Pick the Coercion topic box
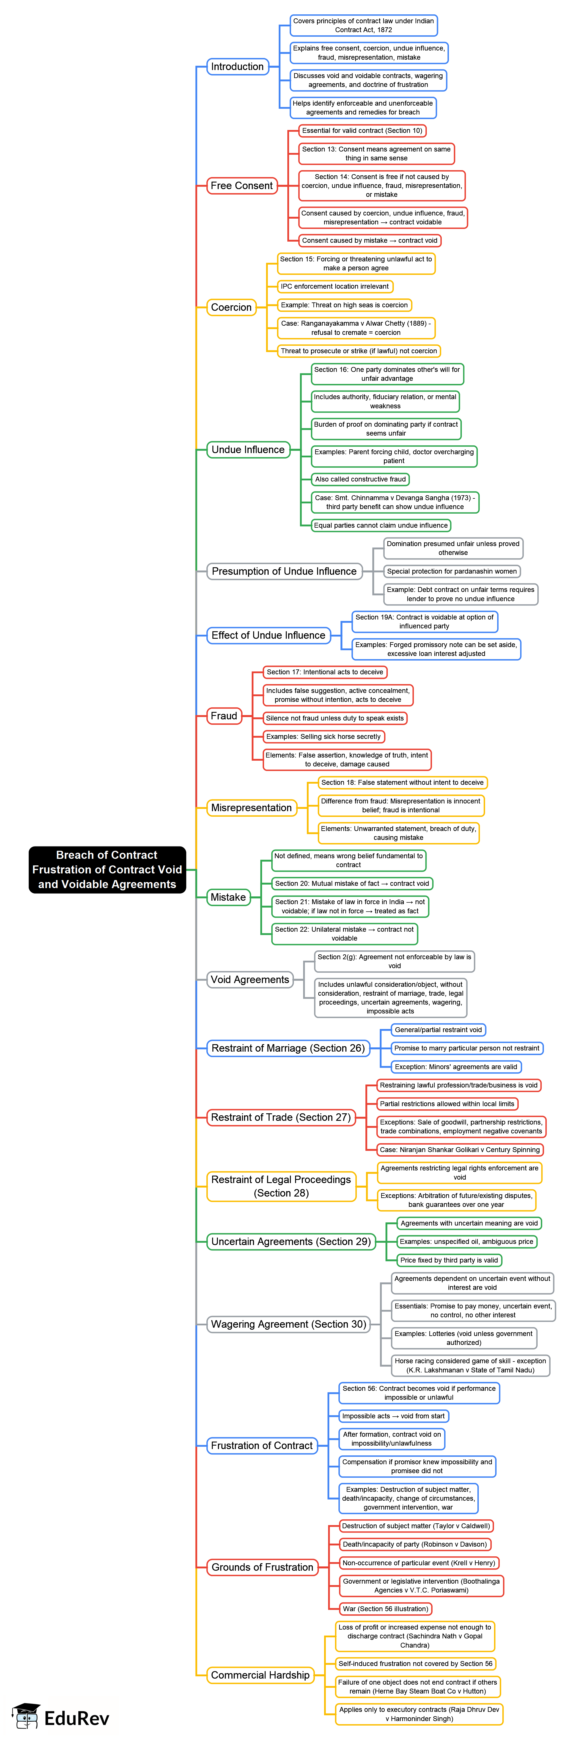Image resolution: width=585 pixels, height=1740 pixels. pos(231,307)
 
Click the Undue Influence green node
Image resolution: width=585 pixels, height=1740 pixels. pos(248,450)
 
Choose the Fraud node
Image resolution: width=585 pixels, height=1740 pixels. pos(224,716)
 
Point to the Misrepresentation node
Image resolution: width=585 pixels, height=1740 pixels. pos(251,808)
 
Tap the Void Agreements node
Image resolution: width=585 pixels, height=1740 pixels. pos(249,979)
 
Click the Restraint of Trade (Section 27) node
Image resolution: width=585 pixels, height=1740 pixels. pos(280,1117)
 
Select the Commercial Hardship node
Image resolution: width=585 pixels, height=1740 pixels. pos(260,1675)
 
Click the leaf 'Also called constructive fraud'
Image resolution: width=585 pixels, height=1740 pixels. pos(360,479)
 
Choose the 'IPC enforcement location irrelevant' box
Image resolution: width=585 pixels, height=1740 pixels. pos(334,286)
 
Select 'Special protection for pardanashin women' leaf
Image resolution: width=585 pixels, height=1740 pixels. pos(452,572)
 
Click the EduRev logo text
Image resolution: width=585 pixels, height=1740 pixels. pos(76,1718)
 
